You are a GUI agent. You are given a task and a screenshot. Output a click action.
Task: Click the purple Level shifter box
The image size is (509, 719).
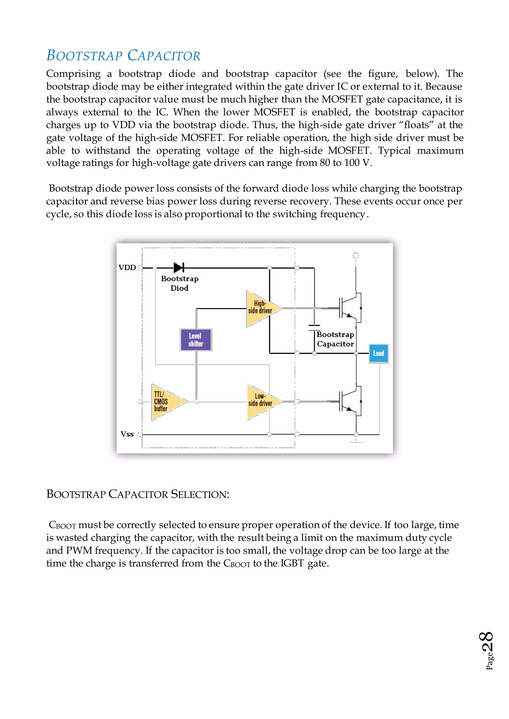click(x=196, y=340)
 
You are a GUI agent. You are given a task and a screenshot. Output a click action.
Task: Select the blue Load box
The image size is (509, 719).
click(x=379, y=353)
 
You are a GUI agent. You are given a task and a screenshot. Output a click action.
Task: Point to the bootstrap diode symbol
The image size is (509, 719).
click(x=179, y=268)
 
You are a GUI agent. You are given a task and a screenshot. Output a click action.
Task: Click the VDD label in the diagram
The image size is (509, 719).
click(x=127, y=268)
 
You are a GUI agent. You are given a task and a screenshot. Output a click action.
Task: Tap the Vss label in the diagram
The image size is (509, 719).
click(x=127, y=434)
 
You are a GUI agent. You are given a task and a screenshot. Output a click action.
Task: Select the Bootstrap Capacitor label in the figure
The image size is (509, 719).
click(x=335, y=339)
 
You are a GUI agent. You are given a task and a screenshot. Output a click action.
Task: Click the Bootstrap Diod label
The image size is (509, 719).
click(x=180, y=283)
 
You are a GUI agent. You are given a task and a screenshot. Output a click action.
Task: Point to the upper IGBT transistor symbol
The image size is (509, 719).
click(x=349, y=308)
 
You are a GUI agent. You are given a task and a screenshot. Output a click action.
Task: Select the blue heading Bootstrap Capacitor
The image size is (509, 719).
click(x=123, y=56)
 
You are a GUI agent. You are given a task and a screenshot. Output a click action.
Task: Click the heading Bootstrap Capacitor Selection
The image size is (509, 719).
click(x=138, y=494)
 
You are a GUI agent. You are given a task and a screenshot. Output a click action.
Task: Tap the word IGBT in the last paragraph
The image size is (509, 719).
click(x=292, y=563)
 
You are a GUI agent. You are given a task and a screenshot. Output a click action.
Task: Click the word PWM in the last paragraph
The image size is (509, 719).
click(x=79, y=550)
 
